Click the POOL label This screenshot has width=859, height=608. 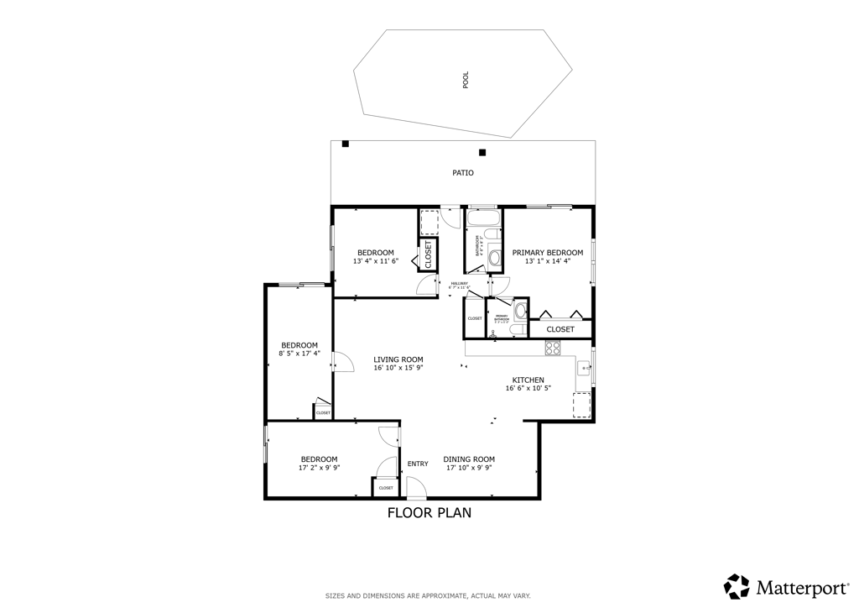466,80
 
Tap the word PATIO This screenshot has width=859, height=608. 463,173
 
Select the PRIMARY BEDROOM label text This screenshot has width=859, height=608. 548,253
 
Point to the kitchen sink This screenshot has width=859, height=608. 582,368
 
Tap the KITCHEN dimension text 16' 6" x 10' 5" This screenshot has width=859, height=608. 528,388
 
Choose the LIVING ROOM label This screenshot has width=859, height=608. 398,359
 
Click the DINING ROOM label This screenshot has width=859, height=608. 469,459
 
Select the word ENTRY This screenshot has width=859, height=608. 417,464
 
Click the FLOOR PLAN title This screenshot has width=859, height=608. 429,512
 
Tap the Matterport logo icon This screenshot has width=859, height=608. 737,586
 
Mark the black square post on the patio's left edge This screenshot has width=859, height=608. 345,144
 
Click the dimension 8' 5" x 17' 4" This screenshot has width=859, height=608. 299,354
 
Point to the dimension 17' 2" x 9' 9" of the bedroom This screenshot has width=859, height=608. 319,468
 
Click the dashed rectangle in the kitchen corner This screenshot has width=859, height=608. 581,406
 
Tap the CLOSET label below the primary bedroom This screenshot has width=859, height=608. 560,329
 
